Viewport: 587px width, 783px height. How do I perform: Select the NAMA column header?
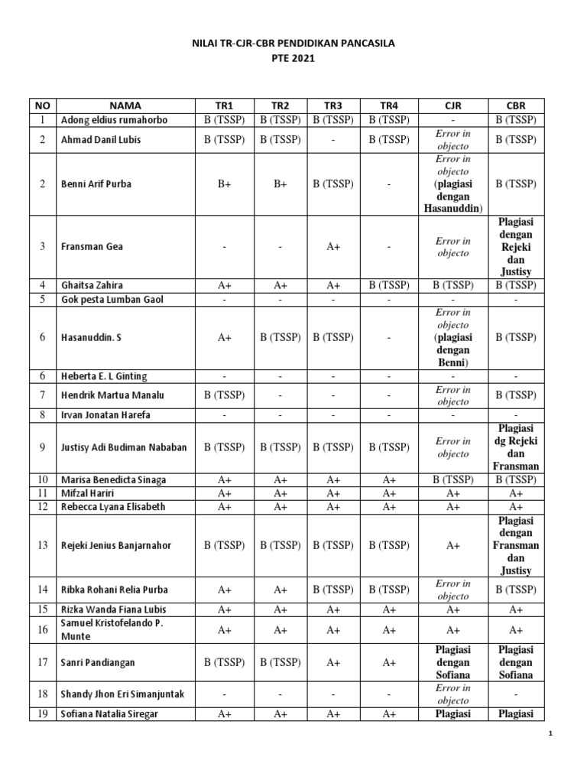pyautogui.click(x=125, y=106)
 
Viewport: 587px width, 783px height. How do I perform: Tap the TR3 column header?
pyautogui.click(x=333, y=106)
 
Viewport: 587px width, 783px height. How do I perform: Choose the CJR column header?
pyautogui.click(x=453, y=106)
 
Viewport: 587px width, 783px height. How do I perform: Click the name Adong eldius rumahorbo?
pyautogui.click(x=114, y=120)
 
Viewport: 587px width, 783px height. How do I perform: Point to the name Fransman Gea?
pyautogui.click(x=92, y=247)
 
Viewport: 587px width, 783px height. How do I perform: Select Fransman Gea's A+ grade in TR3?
pyautogui.click(x=333, y=247)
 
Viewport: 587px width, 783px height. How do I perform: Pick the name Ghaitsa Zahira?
pyautogui.click(x=93, y=284)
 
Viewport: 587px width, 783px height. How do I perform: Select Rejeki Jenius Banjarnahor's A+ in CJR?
pyautogui.click(x=453, y=546)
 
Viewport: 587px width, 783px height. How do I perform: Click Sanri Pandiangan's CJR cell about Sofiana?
pyautogui.click(x=453, y=662)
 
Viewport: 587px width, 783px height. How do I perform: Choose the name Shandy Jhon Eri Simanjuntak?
pyautogui.click(x=122, y=694)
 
